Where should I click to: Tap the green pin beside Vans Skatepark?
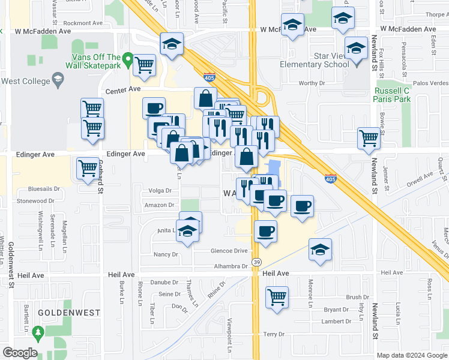(127, 61)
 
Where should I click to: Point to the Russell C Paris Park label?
(393, 95)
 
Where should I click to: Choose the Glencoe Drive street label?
(229, 251)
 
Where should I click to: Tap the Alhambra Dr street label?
(228, 266)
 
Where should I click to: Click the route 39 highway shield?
(256, 262)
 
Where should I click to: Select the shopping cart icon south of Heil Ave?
(277, 297)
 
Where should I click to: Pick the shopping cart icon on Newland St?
(369, 138)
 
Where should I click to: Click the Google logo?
(19, 353)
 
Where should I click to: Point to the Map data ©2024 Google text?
(411, 355)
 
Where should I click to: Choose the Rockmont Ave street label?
(84, 23)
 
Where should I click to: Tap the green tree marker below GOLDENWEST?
(38, 331)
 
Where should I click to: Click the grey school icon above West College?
(58, 78)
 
